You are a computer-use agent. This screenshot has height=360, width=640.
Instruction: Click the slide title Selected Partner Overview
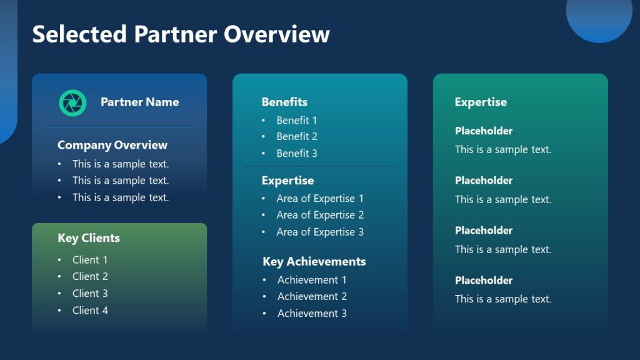[x=181, y=34]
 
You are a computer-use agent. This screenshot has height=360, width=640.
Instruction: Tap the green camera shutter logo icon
[x=72, y=102]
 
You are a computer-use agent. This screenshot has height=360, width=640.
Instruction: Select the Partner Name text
[x=139, y=102]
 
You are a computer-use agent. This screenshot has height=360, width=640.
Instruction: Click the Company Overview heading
[x=112, y=145]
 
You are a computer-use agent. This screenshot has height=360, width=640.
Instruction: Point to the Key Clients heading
[x=89, y=238]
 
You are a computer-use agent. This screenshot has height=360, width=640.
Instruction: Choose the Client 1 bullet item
[x=90, y=260]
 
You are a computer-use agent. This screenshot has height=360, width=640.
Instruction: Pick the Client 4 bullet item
[x=90, y=311]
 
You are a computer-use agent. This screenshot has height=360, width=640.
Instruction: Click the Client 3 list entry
[x=90, y=294]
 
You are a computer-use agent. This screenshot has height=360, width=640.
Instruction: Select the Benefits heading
[x=284, y=102]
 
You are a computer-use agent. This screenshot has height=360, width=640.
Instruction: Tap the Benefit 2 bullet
[x=297, y=136]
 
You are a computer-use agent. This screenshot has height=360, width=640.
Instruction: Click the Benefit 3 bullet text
[x=297, y=153]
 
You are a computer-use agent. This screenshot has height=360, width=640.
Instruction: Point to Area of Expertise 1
[x=320, y=199]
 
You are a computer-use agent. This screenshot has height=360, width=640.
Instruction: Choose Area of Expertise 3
[x=320, y=232]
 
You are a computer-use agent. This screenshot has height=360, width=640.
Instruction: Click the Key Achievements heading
[x=314, y=262]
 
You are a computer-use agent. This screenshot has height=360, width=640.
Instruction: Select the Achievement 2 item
[x=312, y=297]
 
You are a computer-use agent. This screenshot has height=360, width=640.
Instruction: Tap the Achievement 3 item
[x=312, y=314]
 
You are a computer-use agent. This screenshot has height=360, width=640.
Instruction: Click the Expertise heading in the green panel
[x=481, y=102]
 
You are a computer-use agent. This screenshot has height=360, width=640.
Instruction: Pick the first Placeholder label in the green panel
[x=484, y=131]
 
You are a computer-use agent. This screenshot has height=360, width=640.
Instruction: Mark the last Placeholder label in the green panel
[x=484, y=281]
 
